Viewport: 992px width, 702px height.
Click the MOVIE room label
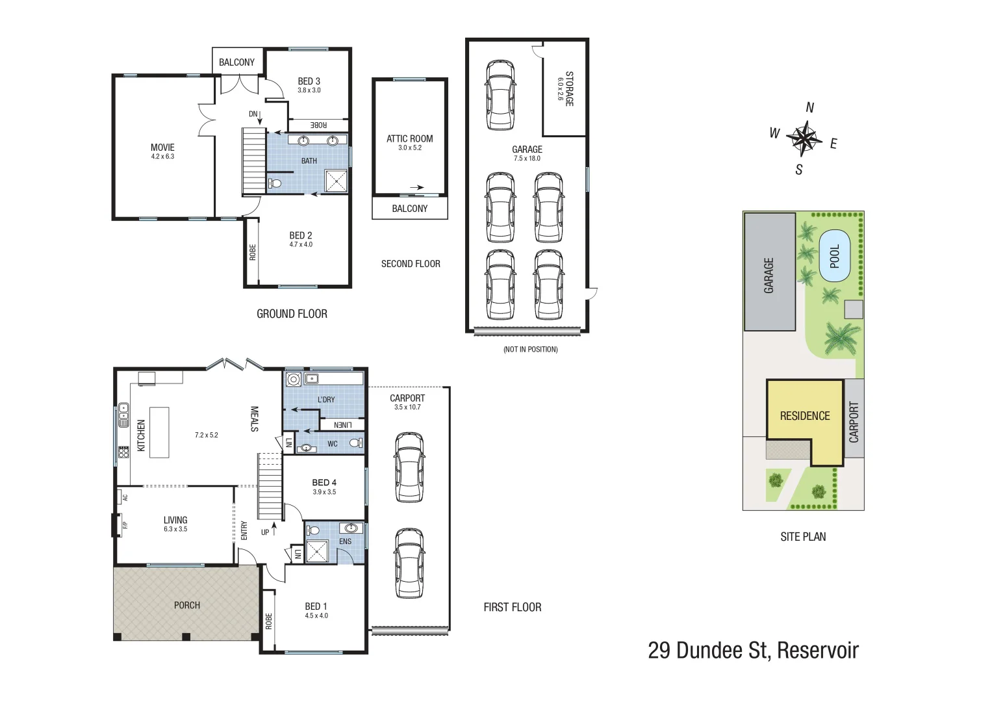[x=162, y=148]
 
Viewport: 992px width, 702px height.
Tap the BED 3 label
[x=309, y=81]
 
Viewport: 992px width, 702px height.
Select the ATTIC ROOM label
[x=409, y=138]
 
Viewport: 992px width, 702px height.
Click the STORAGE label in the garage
[x=569, y=89]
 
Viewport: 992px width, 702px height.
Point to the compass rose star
[x=804, y=138]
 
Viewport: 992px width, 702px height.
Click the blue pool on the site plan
[x=835, y=256]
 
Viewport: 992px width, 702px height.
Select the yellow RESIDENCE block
[x=804, y=416]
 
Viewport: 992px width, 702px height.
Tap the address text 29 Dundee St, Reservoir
[x=753, y=650]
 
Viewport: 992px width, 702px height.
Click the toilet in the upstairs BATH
[x=275, y=183]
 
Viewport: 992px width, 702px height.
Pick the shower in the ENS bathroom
[x=318, y=552]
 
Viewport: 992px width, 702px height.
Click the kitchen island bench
[x=159, y=432]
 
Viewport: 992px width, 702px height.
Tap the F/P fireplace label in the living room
[x=125, y=525]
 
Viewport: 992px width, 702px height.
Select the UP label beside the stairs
[x=265, y=532]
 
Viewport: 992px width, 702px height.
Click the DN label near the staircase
[x=253, y=114]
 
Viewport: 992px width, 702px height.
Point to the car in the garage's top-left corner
[x=500, y=95]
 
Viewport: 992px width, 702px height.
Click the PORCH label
[x=187, y=605]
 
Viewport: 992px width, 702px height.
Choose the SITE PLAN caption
[x=803, y=536]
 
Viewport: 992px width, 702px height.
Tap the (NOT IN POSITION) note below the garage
[x=530, y=349]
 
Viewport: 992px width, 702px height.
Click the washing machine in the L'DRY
[x=293, y=379]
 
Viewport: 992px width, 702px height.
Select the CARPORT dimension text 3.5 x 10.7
[x=407, y=407]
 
